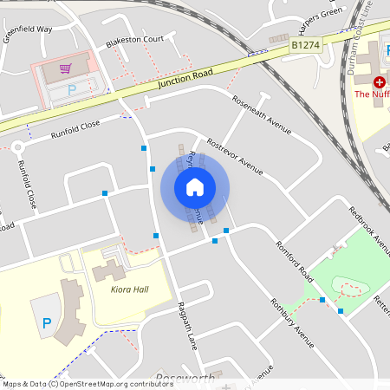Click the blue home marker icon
(195, 186)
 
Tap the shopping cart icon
(64, 68)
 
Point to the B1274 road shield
(304, 43)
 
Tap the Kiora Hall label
(130, 289)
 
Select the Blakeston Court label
(134, 40)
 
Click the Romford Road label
(294, 263)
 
